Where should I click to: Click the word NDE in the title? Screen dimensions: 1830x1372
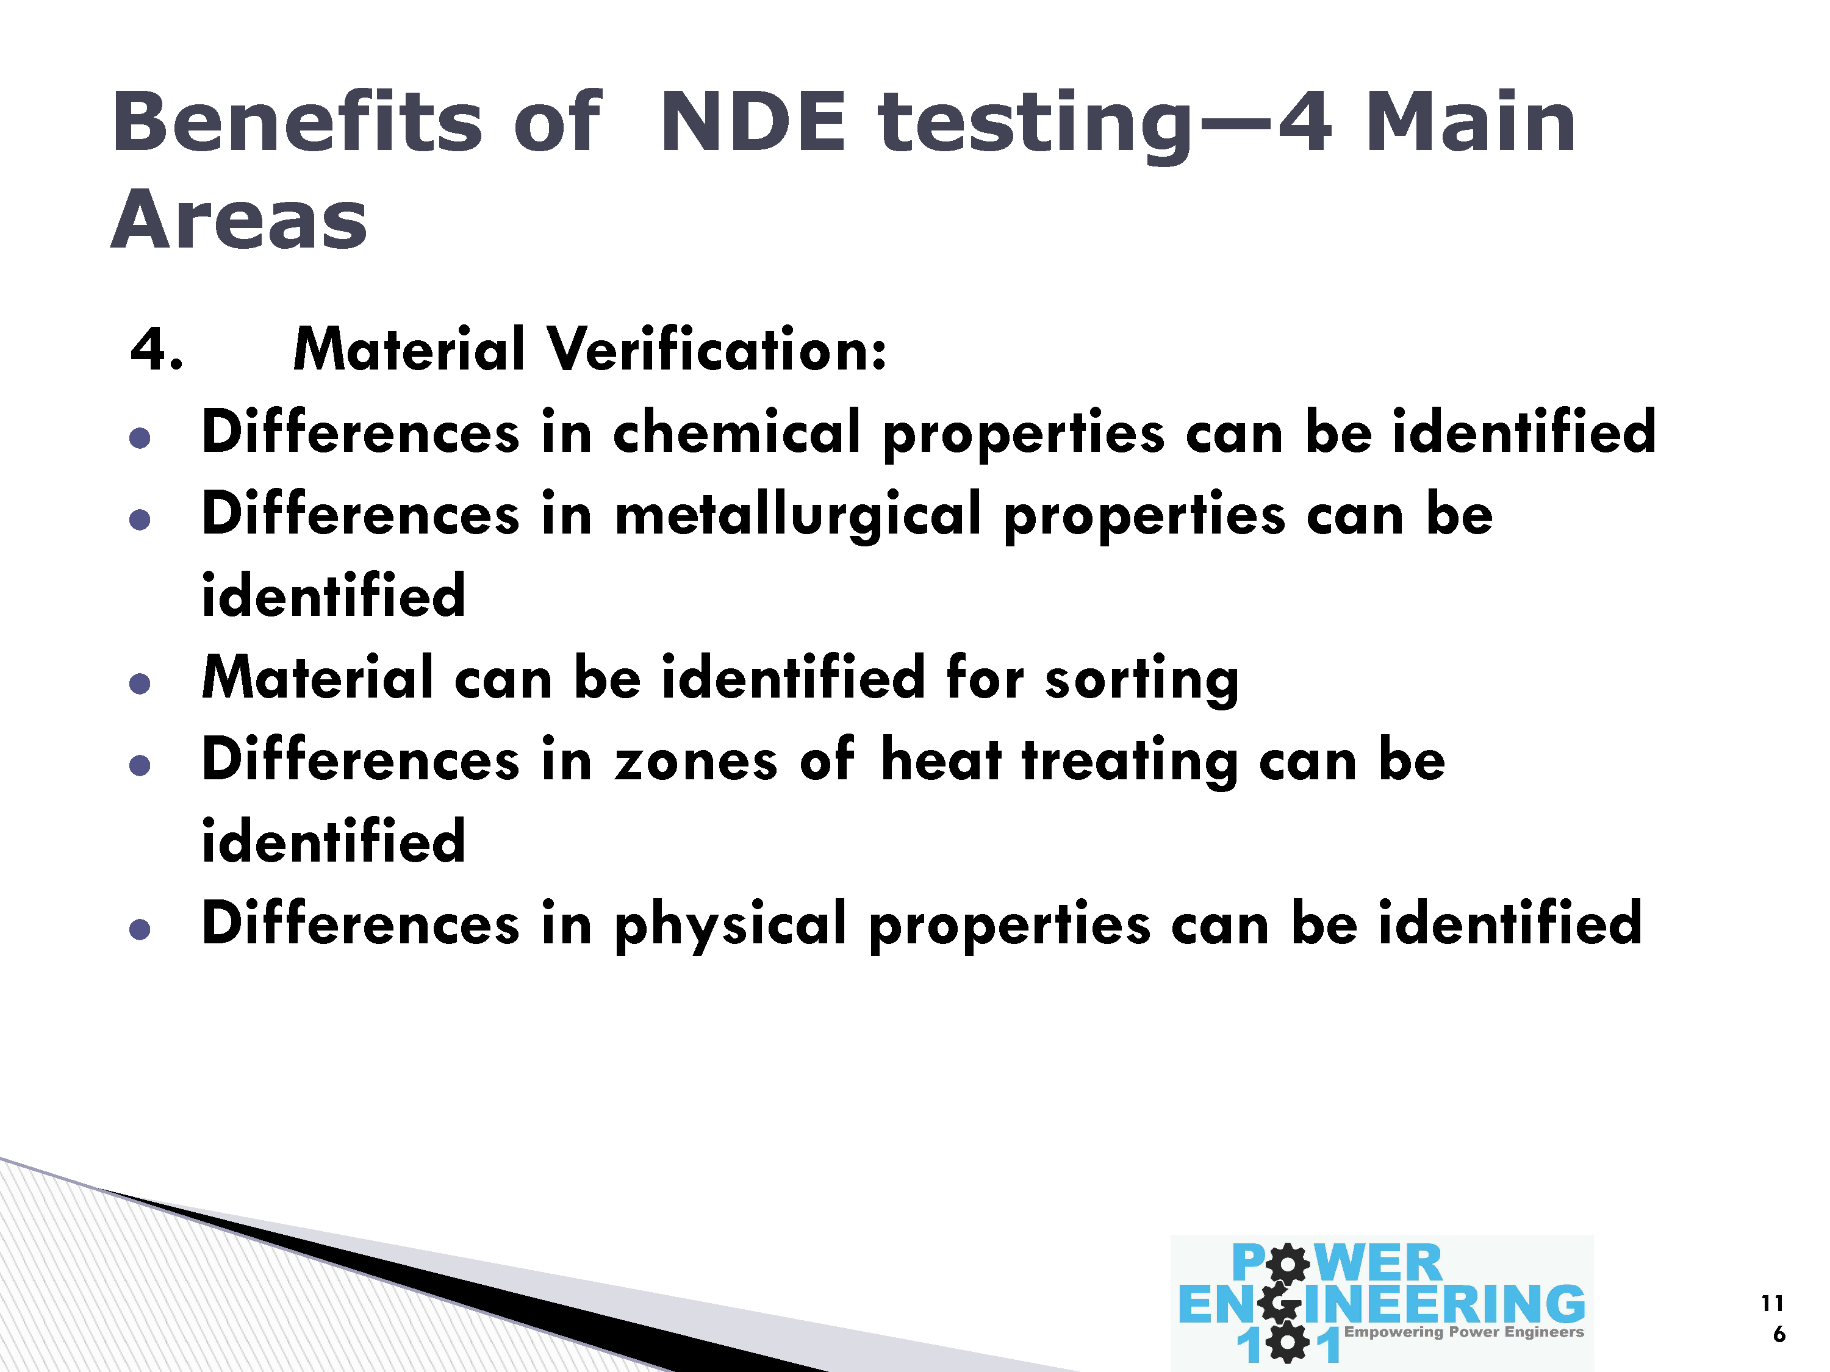tap(753, 123)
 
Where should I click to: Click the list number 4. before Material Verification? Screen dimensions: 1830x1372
tap(156, 348)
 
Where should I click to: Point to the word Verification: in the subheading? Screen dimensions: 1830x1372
tap(717, 348)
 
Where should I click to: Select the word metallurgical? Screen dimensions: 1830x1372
tap(798, 515)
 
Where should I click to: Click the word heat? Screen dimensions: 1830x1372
tap(941, 759)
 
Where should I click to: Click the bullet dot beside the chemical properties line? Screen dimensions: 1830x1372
tap(140, 437)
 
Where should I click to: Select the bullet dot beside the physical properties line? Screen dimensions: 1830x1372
tap(140, 929)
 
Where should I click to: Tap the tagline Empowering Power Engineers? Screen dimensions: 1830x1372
tap(1463, 1332)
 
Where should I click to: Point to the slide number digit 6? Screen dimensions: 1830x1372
tap(1779, 1334)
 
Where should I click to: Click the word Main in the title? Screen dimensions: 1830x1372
tap(1470, 123)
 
